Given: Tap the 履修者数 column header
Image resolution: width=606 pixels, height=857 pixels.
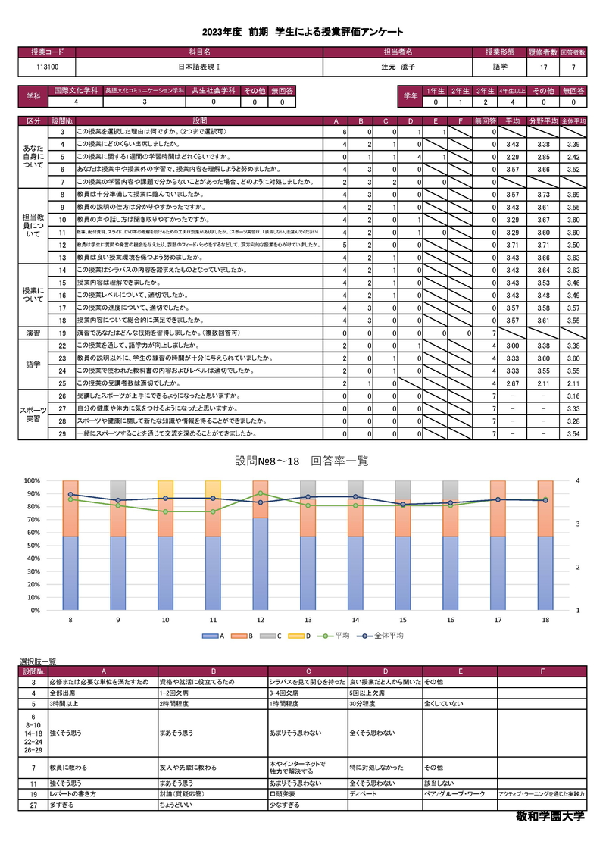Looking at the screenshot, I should pyautogui.click(x=543, y=52).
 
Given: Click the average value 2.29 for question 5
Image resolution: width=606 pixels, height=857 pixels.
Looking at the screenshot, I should pyautogui.click(x=511, y=157).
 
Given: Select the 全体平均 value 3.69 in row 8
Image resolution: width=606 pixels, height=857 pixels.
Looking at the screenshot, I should pyautogui.click(x=573, y=195).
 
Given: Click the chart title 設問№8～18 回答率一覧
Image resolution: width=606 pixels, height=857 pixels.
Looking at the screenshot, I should pyautogui.click(x=302, y=461).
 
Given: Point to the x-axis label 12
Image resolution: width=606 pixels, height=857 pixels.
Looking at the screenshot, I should pyautogui.click(x=260, y=620).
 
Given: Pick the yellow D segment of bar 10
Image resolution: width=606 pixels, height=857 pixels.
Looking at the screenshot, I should pyautogui.click(x=166, y=489).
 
